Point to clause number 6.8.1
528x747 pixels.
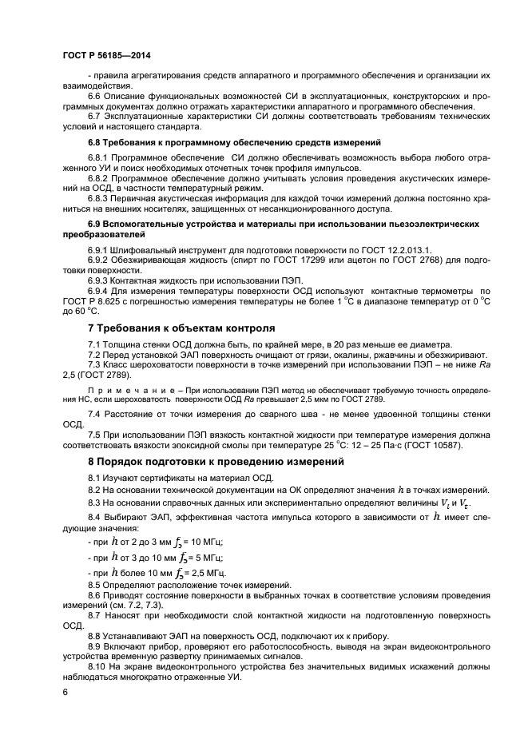click(x=99, y=158)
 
